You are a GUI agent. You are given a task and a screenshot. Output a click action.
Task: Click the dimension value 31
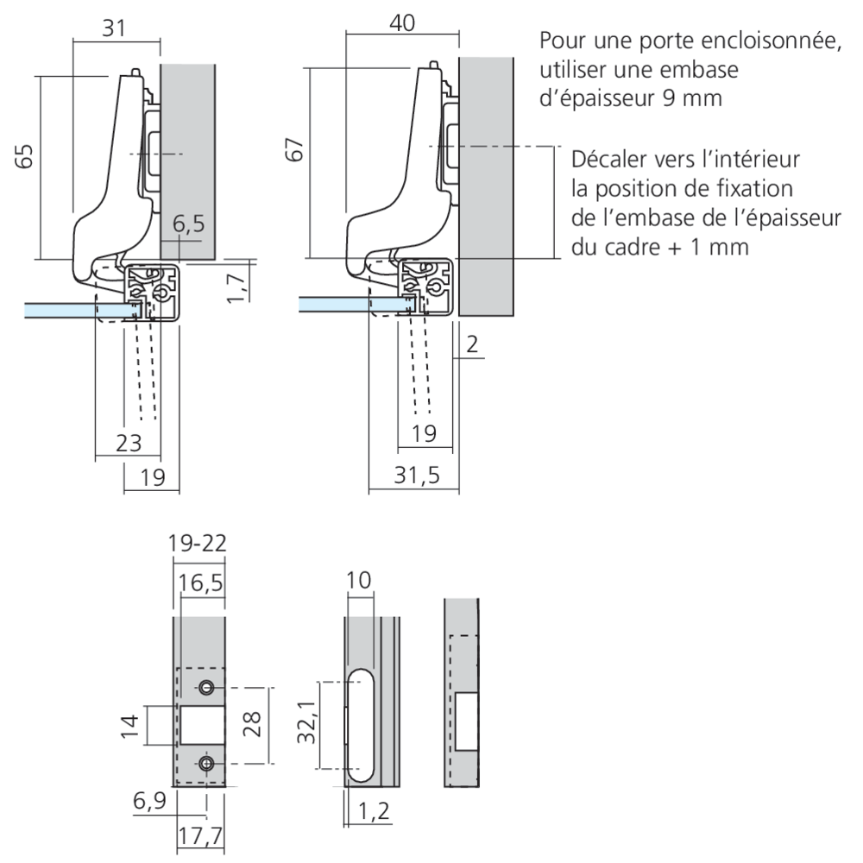[x=115, y=28]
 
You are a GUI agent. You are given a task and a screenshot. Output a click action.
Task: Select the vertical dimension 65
[x=25, y=156]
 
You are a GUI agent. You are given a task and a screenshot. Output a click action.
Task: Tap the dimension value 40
[x=402, y=23]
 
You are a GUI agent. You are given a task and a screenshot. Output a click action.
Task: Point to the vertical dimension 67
[x=295, y=150]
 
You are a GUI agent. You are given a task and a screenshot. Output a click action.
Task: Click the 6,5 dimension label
[x=189, y=225]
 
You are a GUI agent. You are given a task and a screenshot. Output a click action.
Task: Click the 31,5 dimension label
[x=412, y=474]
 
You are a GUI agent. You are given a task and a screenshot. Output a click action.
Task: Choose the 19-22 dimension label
[x=198, y=544]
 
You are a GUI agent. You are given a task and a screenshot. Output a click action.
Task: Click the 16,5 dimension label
[x=200, y=583]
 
